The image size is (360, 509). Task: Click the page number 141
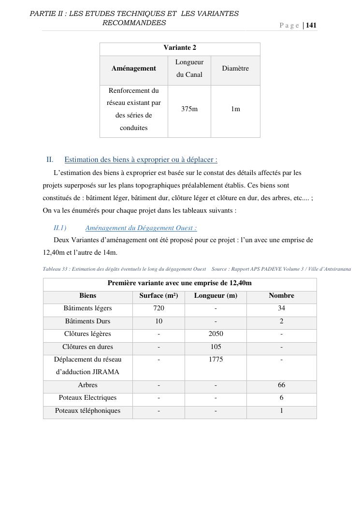(x=311, y=25)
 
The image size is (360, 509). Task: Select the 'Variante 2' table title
(x=180, y=48)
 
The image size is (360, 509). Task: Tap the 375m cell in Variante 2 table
(x=189, y=109)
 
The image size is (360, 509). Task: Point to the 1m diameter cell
(x=235, y=109)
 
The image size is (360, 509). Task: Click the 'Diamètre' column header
(x=235, y=69)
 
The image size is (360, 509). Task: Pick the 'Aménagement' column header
(x=134, y=69)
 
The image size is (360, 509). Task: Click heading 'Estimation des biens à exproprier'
(x=141, y=160)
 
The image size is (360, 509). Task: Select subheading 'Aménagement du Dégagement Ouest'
(x=141, y=228)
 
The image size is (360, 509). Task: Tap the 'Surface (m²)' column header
(x=158, y=296)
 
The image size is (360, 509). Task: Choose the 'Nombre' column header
(x=281, y=296)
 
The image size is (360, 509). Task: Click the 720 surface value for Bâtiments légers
(x=158, y=308)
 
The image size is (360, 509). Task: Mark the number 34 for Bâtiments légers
(x=281, y=308)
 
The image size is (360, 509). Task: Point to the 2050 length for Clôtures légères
(x=216, y=334)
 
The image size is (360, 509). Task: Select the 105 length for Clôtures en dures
(x=216, y=347)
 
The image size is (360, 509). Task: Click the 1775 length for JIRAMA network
(x=216, y=360)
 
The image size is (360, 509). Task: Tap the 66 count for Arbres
(x=281, y=385)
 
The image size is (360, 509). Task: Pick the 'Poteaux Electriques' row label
(x=87, y=398)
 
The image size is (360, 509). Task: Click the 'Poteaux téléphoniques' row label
(x=87, y=411)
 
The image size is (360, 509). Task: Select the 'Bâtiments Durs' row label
(x=87, y=321)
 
